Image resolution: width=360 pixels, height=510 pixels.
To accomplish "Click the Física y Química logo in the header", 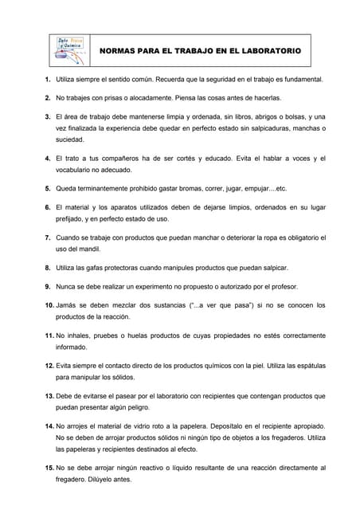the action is tap(69, 49).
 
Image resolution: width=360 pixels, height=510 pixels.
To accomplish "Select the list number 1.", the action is tap(49, 80).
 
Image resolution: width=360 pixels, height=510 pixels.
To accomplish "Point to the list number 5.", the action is tap(49, 188).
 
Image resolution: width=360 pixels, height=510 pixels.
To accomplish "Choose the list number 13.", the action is tap(49, 395).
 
